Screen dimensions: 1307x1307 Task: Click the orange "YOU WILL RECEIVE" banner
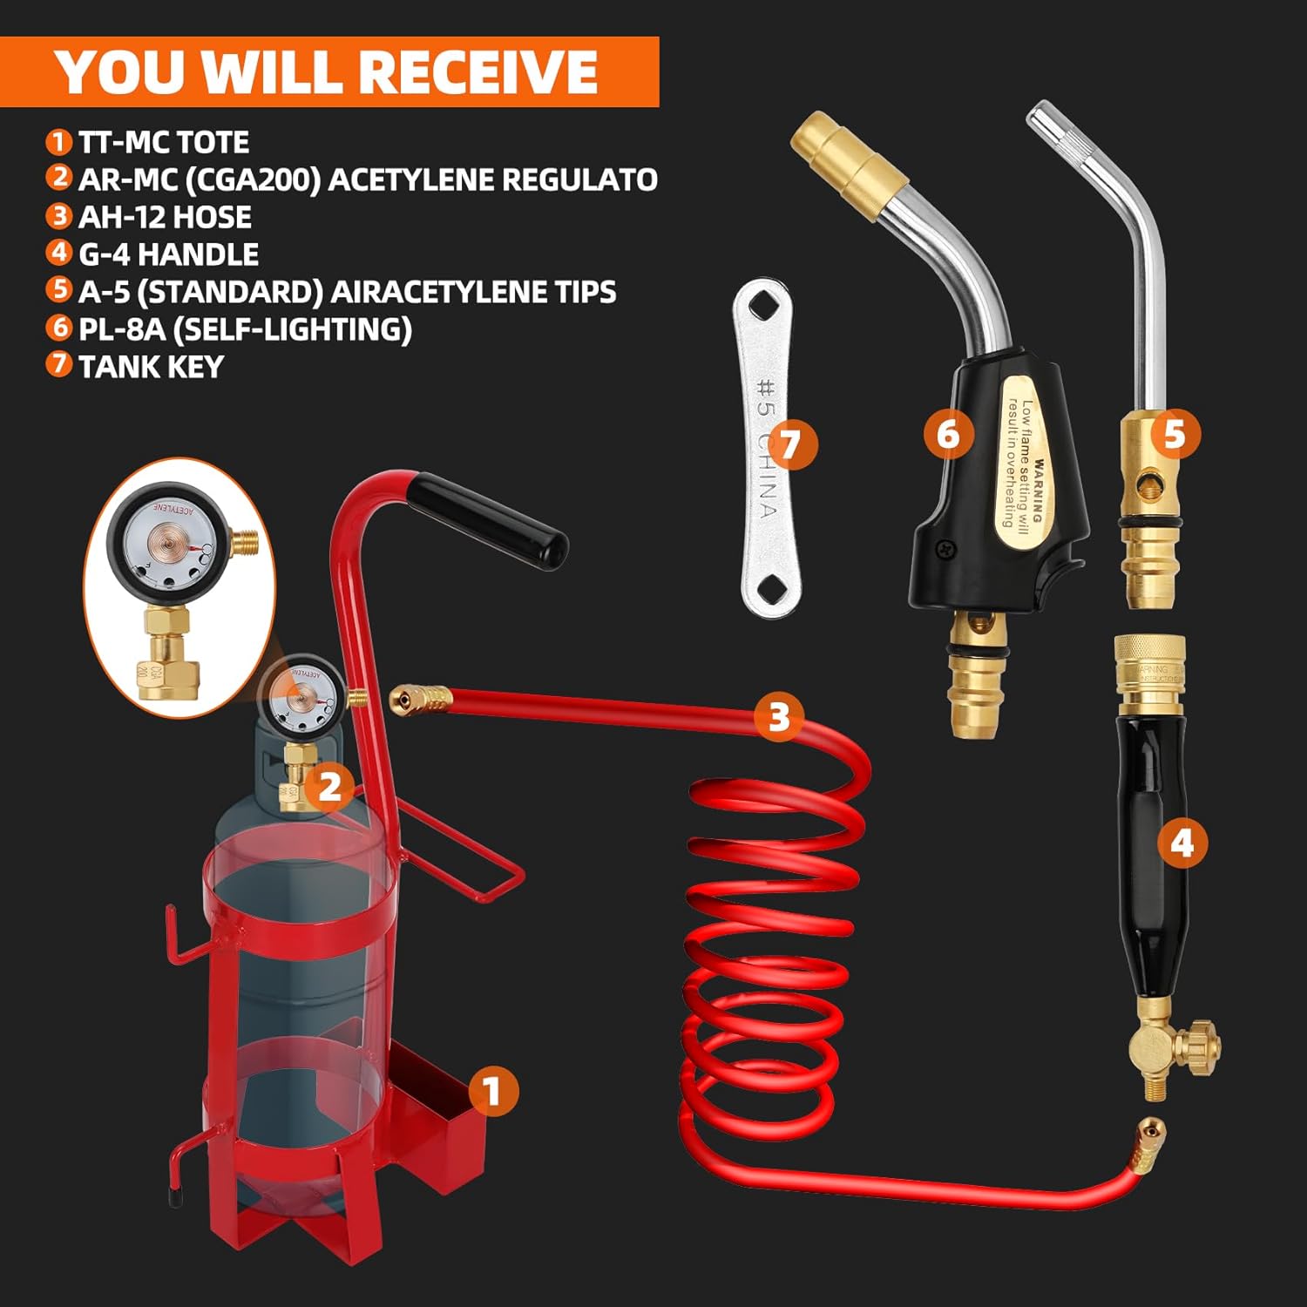(328, 71)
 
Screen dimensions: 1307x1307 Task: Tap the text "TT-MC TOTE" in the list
(163, 142)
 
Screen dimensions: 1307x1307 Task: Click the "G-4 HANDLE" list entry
(168, 254)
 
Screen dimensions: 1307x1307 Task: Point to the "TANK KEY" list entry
(151, 367)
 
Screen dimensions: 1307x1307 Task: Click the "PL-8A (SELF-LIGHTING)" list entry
(245, 329)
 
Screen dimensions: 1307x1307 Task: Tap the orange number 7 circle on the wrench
(789, 444)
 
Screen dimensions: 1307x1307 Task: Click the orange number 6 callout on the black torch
(948, 432)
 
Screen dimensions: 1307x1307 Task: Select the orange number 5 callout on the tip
(1175, 433)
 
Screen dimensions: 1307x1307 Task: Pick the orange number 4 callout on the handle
(1182, 843)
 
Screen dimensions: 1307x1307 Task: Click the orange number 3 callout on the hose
(778, 716)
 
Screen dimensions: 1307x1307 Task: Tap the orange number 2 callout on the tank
(328, 787)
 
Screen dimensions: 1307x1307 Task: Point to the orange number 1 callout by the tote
(492, 1091)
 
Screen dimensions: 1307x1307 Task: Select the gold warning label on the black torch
(1024, 462)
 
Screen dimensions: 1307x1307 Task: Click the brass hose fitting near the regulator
(421, 699)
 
